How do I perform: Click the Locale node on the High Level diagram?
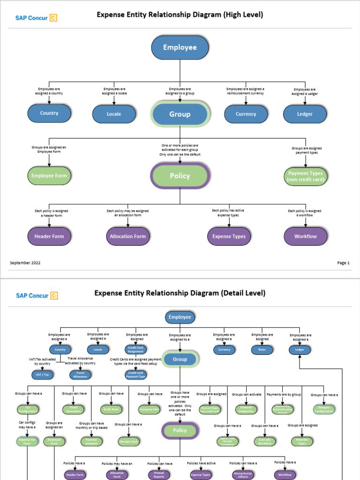pyautogui.click(x=114, y=114)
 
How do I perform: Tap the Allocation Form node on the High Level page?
pyautogui.click(x=128, y=236)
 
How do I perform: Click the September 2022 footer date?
pyautogui.click(x=25, y=263)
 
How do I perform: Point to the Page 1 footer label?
pyautogui.click(x=343, y=263)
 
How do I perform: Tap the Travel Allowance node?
pyautogui.click(x=80, y=375)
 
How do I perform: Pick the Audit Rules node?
pyautogui.click(x=112, y=409)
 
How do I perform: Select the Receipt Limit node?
pyautogui.click(x=128, y=442)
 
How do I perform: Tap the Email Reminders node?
pyautogui.click(x=74, y=409)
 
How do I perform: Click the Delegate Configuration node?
pyautogui.click(x=324, y=409)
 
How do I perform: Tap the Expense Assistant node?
pyautogui.click(x=92, y=442)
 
